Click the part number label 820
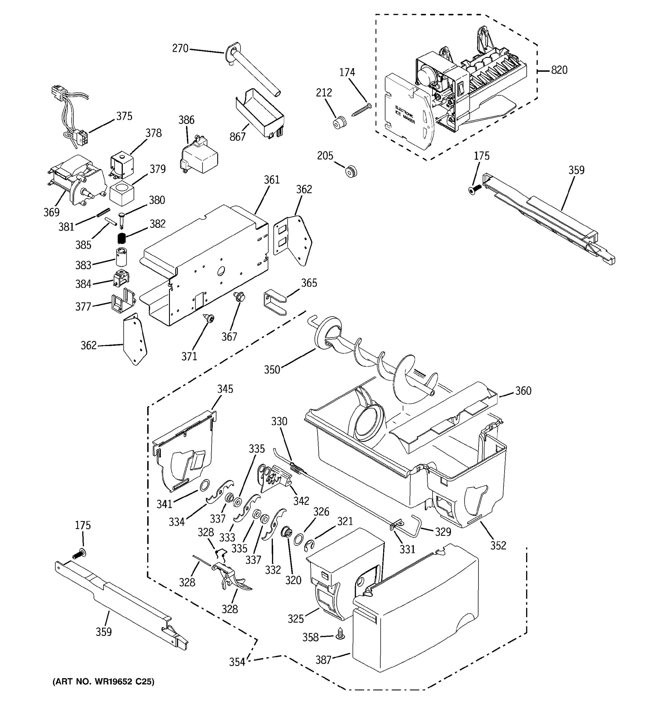(559, 70)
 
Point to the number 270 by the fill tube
(180, 48)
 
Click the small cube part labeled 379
(122, 193)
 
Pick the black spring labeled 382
(122, 239)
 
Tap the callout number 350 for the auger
(272, 370)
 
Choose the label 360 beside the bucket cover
(523, 391)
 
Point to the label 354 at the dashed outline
(237, 662)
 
